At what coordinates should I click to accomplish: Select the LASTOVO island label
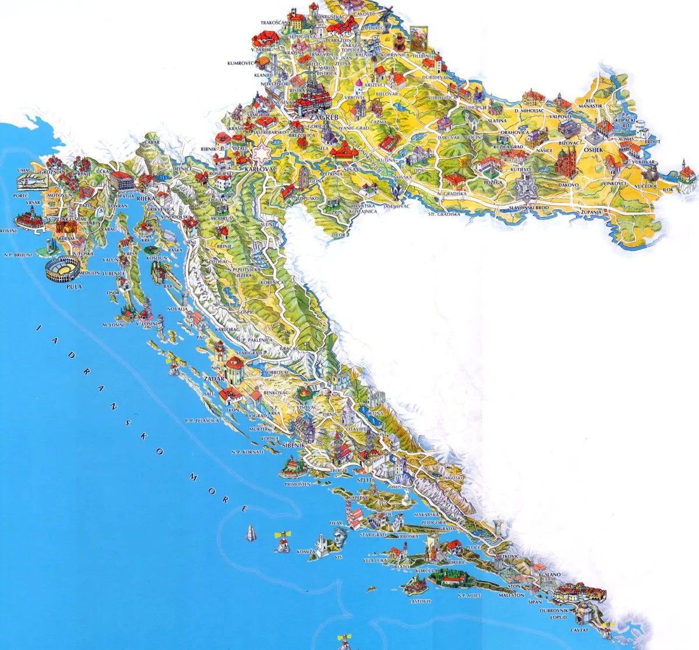click(419, 600)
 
